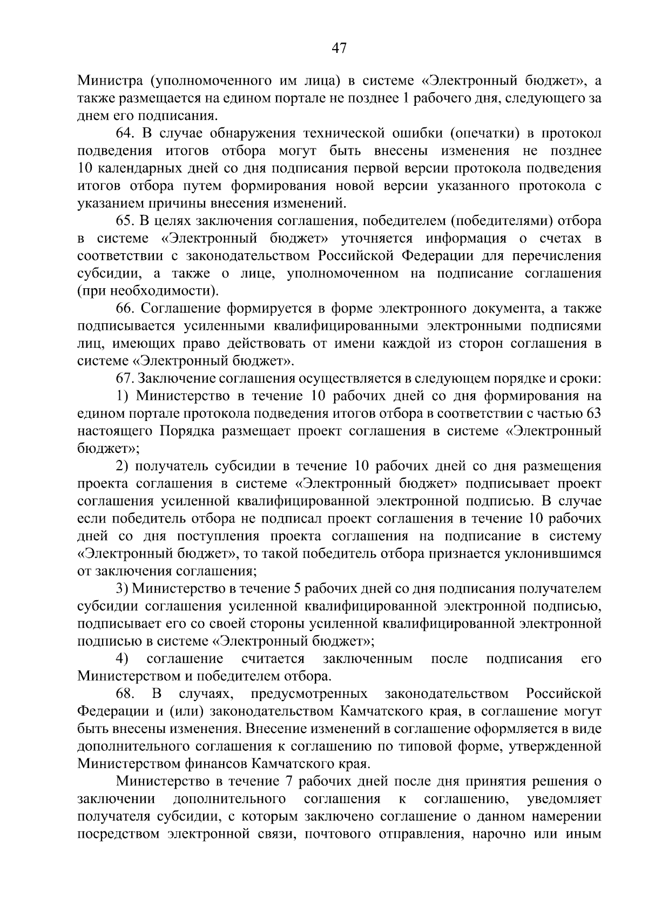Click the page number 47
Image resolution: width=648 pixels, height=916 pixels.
coord(339,49)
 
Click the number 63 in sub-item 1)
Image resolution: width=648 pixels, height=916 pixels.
coord(593,413)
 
